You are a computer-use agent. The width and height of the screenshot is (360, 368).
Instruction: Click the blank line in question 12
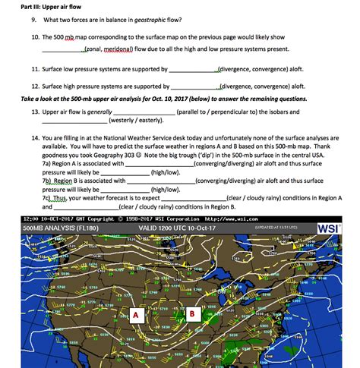point(195,88)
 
